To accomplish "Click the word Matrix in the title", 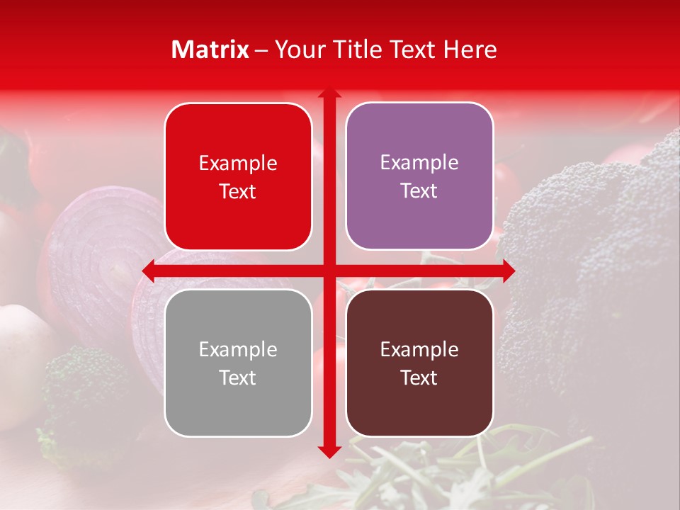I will (210, 50).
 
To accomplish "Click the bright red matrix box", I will (238, 176).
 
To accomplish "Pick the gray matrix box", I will (238, 363).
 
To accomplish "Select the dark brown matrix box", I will (419, 363).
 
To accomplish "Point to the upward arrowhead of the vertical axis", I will (329, 93).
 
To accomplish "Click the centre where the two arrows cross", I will (329, 271).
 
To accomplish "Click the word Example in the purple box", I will (419, 162).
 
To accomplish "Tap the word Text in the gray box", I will (238, 378).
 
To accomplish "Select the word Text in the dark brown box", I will (419, 378).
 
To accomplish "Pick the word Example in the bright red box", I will (238, 163).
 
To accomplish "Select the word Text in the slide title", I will (412, 50).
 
